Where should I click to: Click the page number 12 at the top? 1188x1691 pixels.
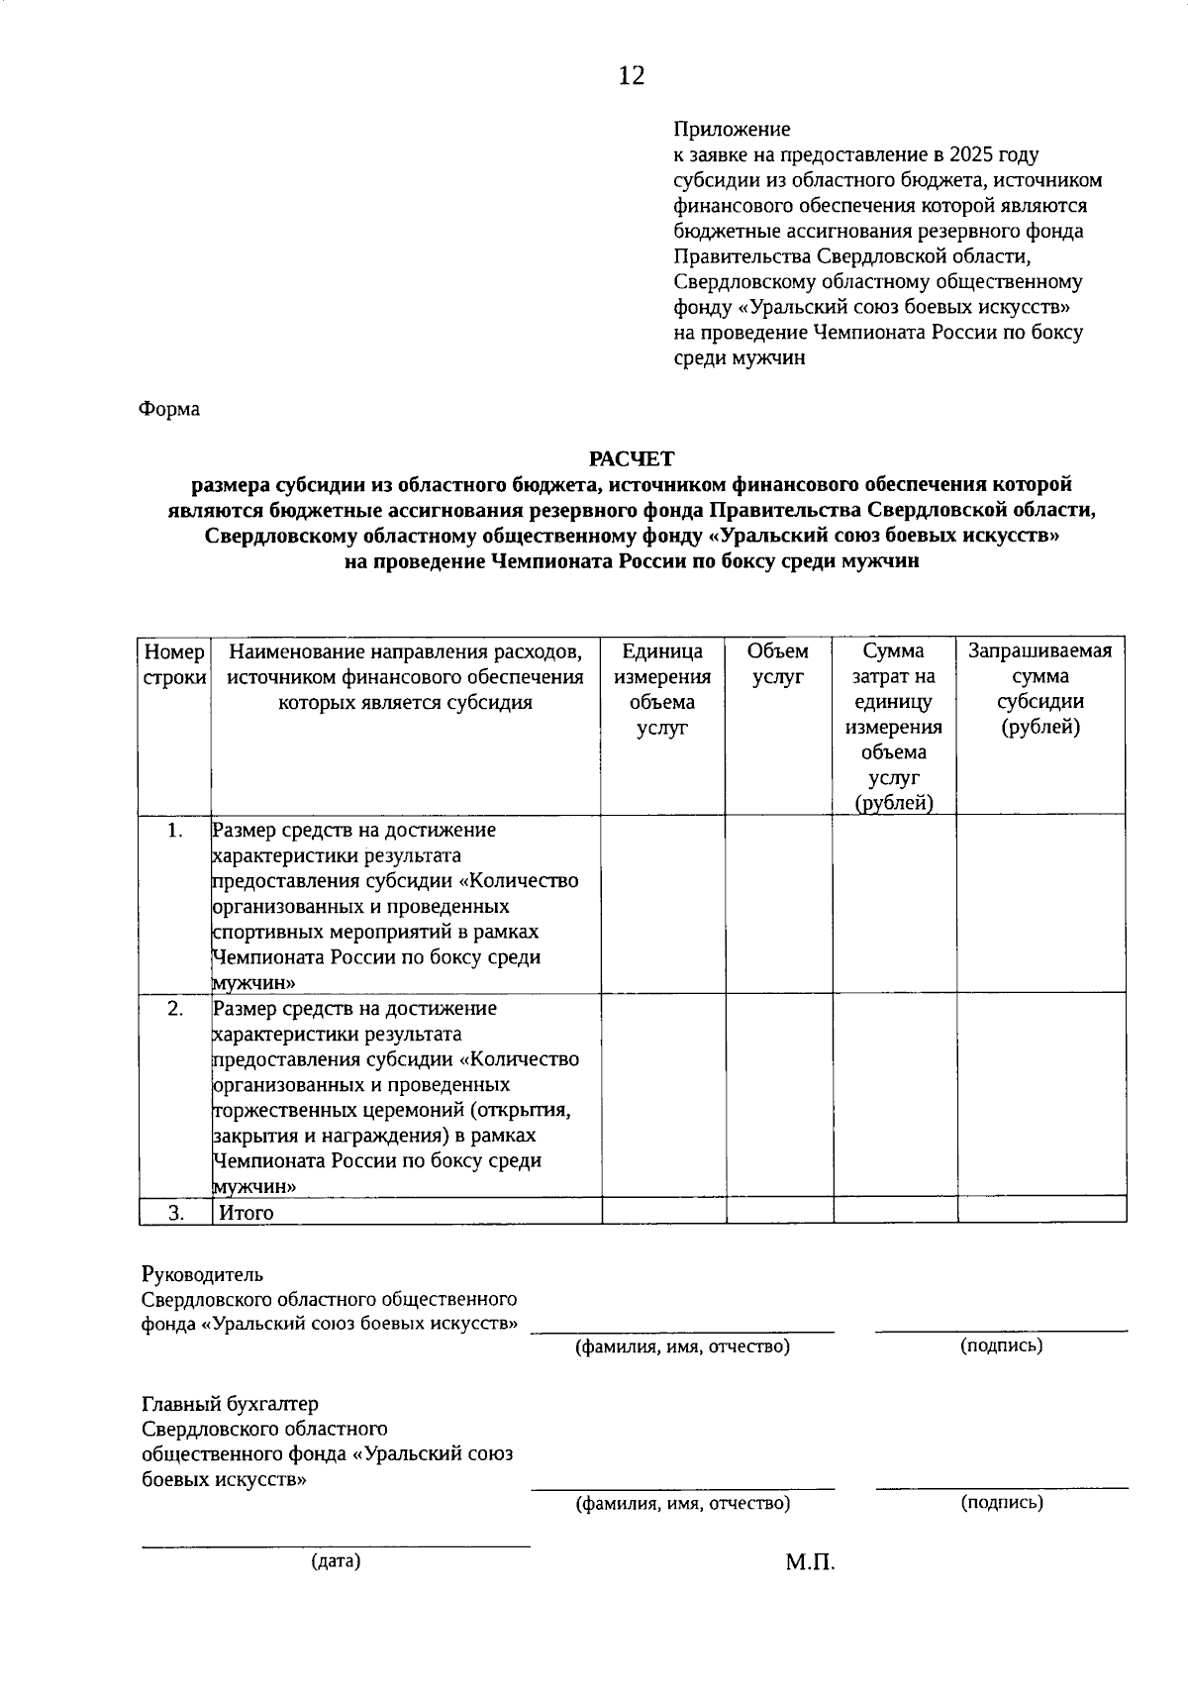coord(632,76)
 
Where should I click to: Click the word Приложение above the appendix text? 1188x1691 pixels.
coord(732,130)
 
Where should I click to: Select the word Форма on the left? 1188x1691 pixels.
coord(169,409)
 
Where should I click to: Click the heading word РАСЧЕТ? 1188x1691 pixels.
coord(631,458)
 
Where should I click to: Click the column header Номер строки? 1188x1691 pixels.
coord(175,664)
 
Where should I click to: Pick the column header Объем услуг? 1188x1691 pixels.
coord(778,664)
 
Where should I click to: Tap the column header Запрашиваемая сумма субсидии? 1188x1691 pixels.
coord(1040,689)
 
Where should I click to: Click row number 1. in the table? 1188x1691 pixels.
coord(175,831)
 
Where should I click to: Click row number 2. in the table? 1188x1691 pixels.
coord(175,1009)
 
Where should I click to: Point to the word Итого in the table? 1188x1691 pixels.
coord(247,1213)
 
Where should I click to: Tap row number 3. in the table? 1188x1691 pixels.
coord(175,1213)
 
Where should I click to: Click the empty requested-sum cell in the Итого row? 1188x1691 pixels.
coord(1041,1210)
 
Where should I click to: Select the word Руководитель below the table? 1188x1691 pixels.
coord(203,1274)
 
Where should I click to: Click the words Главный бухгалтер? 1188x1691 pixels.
coord(231,1404)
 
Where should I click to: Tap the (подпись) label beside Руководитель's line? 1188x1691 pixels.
coord(1002,1345)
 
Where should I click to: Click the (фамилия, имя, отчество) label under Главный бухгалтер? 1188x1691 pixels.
coord(683,1504)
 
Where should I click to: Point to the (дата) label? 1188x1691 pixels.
coord(336,1561)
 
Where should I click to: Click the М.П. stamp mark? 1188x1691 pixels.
coord(811,1563)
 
